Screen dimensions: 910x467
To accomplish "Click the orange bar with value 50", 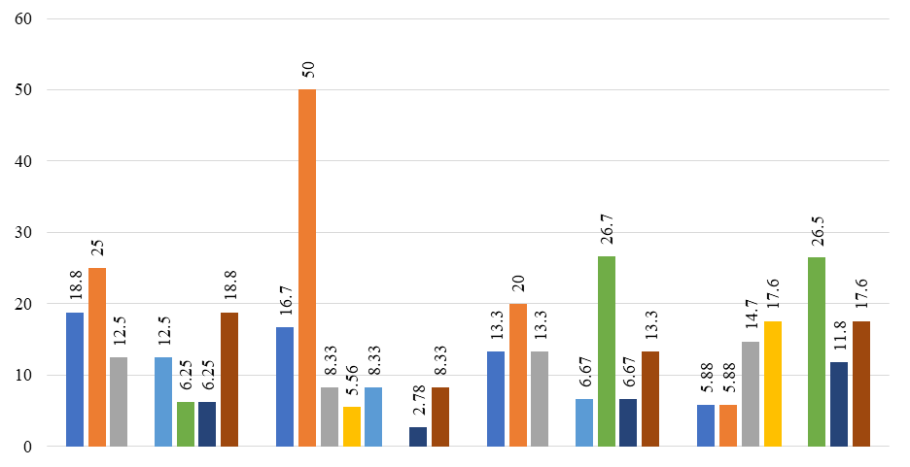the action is click(307, 268).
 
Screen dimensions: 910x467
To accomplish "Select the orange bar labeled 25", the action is click(97, 357).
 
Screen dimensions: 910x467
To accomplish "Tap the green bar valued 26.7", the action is click(607, 351).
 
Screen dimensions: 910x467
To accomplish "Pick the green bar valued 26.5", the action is click(817, 351).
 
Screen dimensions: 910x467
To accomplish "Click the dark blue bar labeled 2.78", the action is click(418, 437).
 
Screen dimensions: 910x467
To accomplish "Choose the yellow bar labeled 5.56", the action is click(352, 426).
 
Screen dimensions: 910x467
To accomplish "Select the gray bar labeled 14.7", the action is click(751, 394).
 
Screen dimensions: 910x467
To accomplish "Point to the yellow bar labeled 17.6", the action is click(773, 384).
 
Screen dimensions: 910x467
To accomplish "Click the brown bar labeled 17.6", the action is click(861, 384).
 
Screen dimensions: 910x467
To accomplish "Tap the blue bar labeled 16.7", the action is click(285, 387).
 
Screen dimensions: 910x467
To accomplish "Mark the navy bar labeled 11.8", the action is click(839, 405).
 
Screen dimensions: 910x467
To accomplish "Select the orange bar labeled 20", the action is click(518, 375).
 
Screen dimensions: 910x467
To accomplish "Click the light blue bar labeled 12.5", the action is click(163, 402).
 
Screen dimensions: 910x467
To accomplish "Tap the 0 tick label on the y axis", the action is click(27, 447).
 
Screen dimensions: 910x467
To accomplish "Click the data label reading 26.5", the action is click(818, 231).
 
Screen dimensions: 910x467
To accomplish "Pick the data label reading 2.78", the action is click(419, 401).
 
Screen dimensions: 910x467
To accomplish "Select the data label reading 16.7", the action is click(286, 301).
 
